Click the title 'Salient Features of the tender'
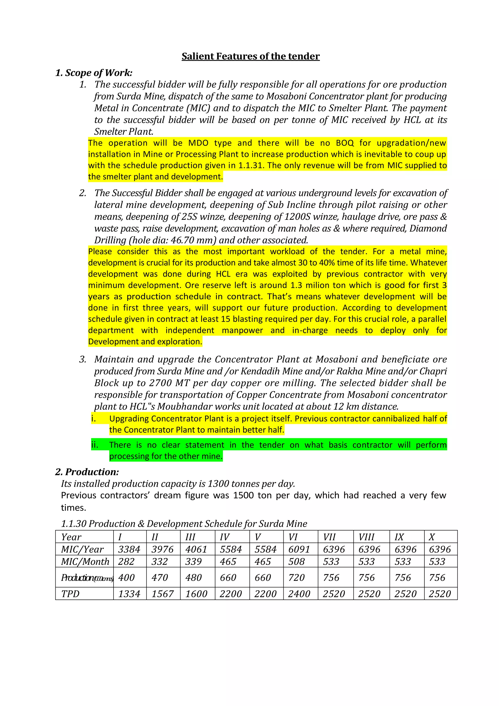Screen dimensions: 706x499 click(250, 56)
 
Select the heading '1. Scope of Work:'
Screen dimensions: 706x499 click(94, 73)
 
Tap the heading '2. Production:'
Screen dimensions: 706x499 click(87, 472)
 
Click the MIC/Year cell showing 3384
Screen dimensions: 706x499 click(129, 549)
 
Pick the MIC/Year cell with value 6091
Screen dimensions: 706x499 click(299, 549)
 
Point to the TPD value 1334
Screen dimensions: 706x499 click(129, 594)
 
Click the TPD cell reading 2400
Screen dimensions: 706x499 click(299, 594)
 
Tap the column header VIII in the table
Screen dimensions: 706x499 click(366, 537)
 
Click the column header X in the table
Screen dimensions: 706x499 click(432, 537)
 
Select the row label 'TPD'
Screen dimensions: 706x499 click(70, 594)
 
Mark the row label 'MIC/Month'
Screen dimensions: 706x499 click(85, 561)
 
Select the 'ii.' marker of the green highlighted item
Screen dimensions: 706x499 click(95, 445)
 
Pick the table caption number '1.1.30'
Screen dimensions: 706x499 click(74, 524)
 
